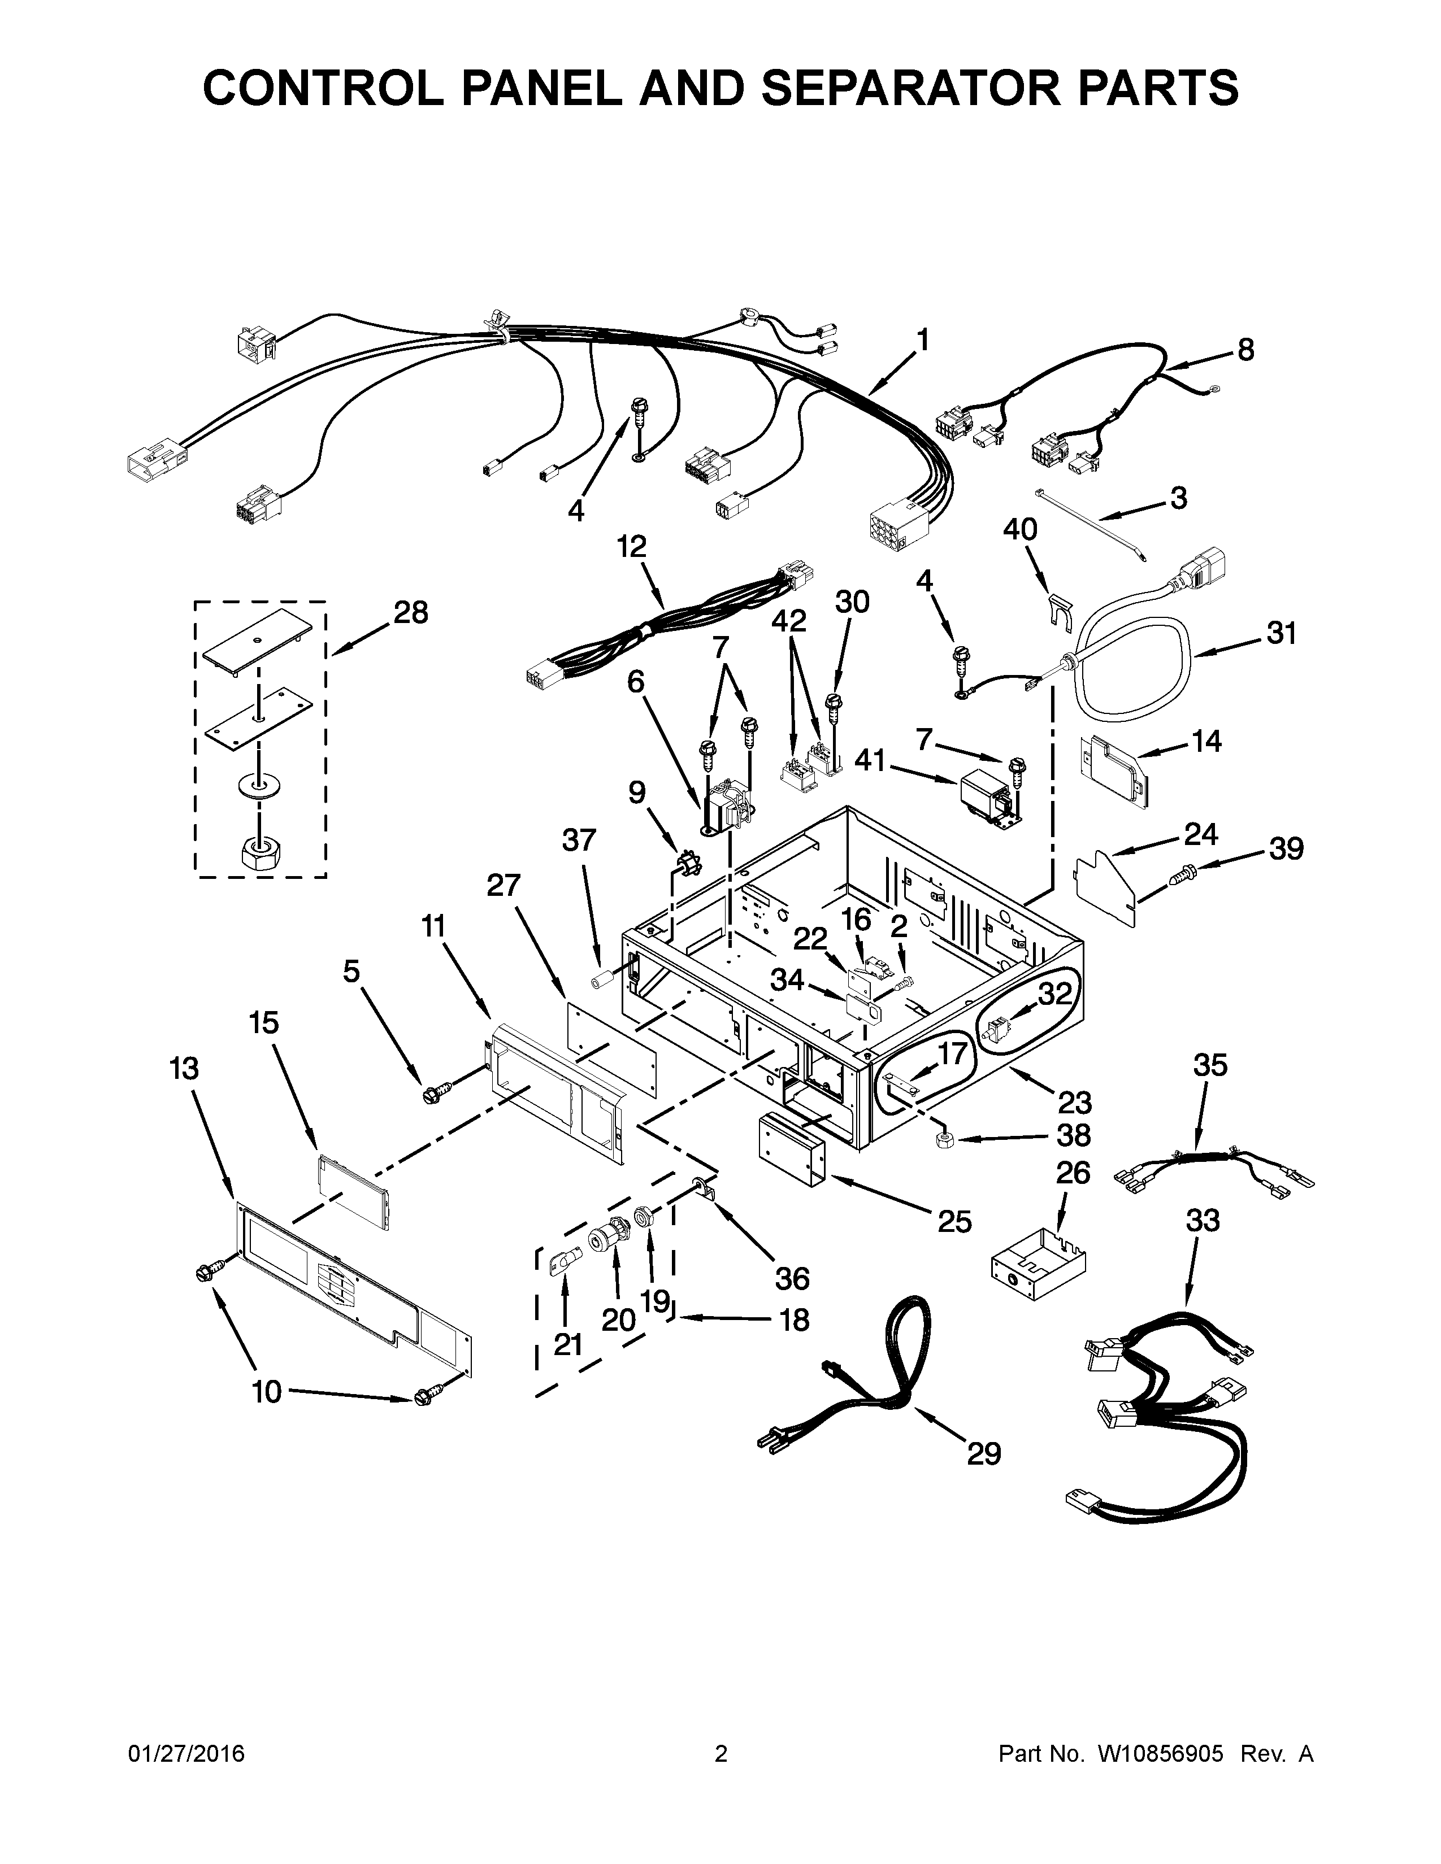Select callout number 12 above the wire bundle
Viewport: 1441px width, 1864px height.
(632, 546)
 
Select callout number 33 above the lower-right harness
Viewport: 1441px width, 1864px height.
(1203, 1221)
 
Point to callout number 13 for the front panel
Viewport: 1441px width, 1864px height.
(184, 1069)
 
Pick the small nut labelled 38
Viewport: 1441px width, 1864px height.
(945, 1141)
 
